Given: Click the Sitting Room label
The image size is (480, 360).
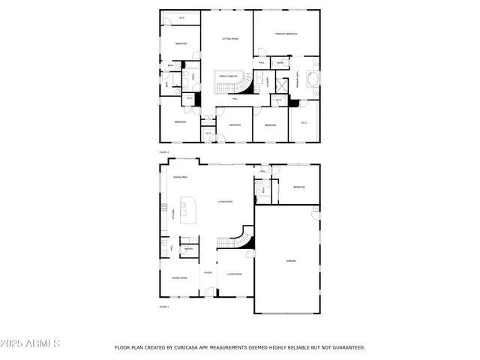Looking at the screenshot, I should [229, 38].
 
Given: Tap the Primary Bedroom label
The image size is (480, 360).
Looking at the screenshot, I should [286, 34].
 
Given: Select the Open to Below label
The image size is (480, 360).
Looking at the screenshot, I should [228, 76].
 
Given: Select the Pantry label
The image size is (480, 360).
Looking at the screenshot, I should [189, 248].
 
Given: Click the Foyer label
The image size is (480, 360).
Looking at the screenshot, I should [207, 272].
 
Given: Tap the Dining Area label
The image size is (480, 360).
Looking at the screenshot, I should [180, 177].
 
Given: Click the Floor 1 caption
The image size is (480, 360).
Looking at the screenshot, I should [164, 307].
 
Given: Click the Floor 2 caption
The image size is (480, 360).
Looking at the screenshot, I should [164, 152].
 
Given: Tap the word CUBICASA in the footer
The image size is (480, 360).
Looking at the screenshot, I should [194, 348].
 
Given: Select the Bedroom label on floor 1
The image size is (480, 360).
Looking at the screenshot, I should [298, 187].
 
